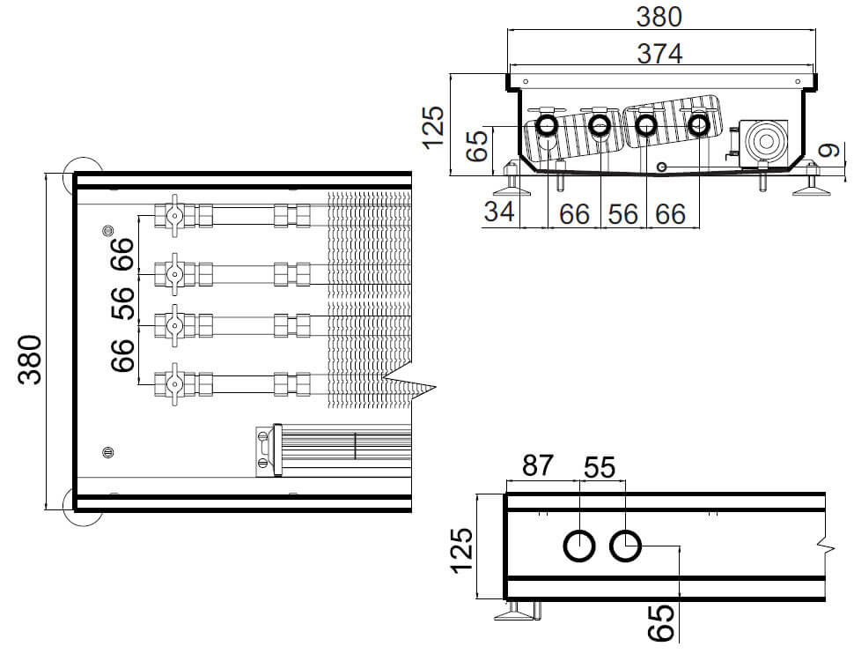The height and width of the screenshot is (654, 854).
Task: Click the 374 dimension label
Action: (x=659, y=54)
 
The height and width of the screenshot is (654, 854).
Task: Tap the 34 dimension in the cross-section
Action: (x=499, y=211)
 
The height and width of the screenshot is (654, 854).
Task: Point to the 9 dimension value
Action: (x=831, y=150)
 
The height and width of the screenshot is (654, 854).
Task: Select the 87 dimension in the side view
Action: (x=538, y=465)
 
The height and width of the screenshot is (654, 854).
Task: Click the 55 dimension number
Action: (x=599, y=467)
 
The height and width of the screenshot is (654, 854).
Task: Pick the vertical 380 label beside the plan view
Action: (x=30, y=360)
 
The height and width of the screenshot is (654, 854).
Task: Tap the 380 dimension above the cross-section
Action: (x=659, y=17)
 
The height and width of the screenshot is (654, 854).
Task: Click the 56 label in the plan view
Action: (x=123, y=302)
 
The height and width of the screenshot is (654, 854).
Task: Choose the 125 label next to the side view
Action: (x=462, y=550)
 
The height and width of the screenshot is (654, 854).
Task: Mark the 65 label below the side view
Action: (x=662, y=623)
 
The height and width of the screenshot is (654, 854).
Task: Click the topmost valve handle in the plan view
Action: (x=174, y=215)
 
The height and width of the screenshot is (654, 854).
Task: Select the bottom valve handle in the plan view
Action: (x=174, y=384)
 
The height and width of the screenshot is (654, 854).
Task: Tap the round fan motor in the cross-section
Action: (x=766, y=142)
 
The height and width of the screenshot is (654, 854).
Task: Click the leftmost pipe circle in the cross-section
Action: (x=547, y=126)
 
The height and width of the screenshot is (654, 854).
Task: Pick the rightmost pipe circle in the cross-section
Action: (x=698, y=126)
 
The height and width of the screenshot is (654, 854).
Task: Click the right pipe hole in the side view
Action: (x=625, y=546)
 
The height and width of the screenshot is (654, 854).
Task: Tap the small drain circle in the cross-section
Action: (x=662, y=167)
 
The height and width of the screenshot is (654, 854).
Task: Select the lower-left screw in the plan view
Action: (x=107, y=452)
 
